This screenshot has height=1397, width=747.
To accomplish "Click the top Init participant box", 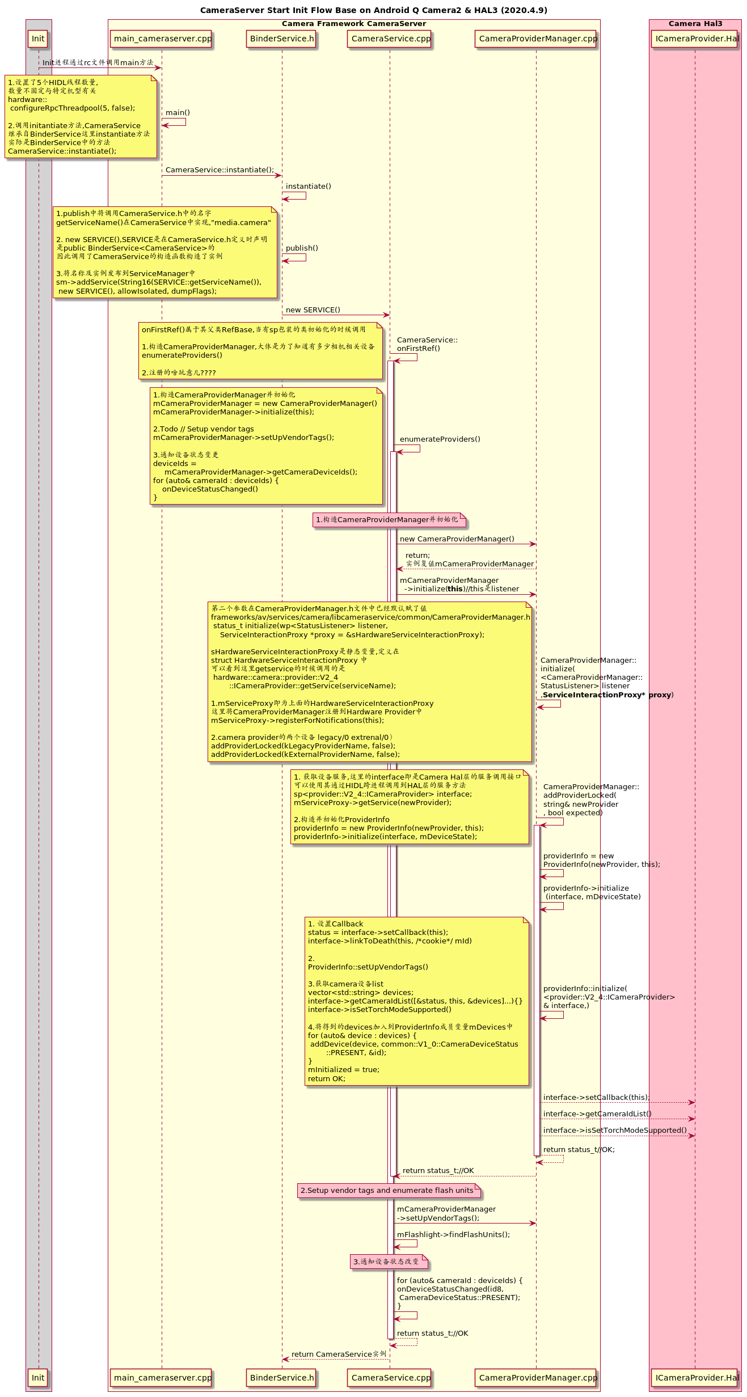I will click(38, 39).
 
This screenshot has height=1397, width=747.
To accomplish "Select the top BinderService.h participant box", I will click(282, 39).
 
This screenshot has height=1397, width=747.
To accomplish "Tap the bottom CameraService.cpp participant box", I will click(390, 1377).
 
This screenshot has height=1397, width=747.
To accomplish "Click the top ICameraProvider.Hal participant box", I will click(696, 39).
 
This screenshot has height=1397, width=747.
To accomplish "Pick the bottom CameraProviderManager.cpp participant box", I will click(537, 1377).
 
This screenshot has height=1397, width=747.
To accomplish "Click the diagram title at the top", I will click(373, 10).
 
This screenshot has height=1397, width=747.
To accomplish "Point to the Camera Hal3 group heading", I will click(695, 24).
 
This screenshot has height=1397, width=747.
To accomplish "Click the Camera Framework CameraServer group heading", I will click(354, 24).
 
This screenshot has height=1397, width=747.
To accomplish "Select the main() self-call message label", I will click(178, 113).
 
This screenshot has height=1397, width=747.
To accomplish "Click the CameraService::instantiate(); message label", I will click(220, 170).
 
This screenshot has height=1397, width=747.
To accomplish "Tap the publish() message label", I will click(302, 248).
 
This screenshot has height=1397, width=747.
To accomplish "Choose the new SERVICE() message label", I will click(313, 310).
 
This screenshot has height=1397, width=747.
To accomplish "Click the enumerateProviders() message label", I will click(440, 439).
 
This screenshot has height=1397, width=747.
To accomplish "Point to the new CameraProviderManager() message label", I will click(457, 539).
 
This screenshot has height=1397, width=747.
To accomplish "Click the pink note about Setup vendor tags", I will click(389, 1191).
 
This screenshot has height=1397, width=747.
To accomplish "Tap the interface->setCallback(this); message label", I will click(596, 1098).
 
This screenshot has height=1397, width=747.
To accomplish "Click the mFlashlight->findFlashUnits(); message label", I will click(453, 1235).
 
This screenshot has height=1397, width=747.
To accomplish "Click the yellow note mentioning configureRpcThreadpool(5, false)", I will click(81, 117).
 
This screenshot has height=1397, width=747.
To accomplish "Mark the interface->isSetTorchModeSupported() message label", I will click(615, 1131).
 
